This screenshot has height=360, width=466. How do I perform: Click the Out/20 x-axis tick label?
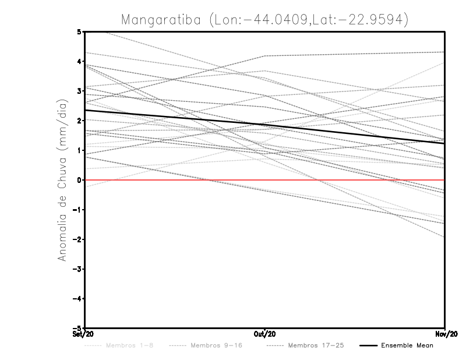(265, 334)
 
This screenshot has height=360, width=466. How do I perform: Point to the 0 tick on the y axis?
(79, 180)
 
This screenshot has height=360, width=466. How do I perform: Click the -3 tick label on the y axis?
(77, 269)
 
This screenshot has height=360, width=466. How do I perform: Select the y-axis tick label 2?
(79, 121)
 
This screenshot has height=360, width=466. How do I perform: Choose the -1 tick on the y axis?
(77, 210)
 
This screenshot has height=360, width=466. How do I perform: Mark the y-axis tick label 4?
(79, 61)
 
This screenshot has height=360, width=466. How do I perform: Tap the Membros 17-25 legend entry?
(318, 345)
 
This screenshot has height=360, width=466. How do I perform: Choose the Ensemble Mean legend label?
(407, 345)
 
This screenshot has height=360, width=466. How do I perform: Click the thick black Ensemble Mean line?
(175, 117)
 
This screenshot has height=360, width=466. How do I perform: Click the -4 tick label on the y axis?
(77, 299)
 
